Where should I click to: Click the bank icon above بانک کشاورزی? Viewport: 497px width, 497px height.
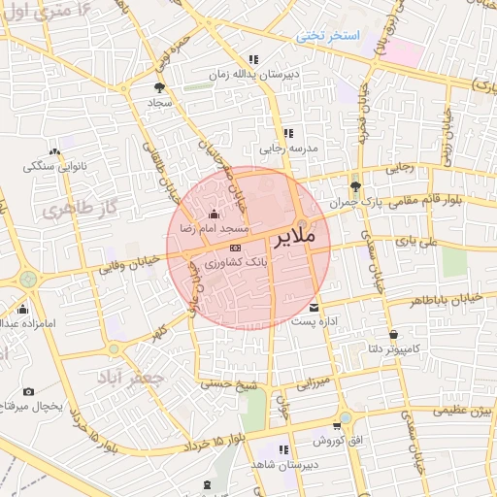234,249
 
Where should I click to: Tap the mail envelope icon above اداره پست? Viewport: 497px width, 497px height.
313,309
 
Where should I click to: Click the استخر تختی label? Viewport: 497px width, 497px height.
328,36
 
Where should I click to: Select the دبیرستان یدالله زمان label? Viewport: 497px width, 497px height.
247,74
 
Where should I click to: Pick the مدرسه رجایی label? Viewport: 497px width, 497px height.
286,149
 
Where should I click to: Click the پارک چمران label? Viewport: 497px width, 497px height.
351,203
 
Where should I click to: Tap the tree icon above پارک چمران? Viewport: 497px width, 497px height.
357,187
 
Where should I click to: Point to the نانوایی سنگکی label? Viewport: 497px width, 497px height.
55,166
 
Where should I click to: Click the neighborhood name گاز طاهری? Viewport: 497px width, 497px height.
72,210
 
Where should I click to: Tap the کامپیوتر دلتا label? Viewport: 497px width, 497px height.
386,346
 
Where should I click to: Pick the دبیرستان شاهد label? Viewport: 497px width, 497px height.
280,465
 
